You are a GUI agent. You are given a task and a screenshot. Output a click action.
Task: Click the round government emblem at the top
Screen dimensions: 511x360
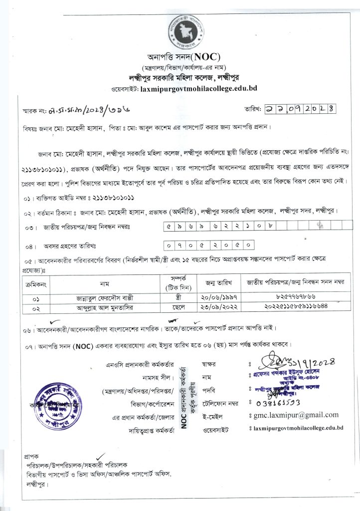click(186, 26)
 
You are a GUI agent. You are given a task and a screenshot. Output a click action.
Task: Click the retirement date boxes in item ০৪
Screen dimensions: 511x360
click(210, 246)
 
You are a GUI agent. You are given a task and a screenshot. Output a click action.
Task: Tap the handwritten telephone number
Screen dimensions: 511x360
click(269, 402)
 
